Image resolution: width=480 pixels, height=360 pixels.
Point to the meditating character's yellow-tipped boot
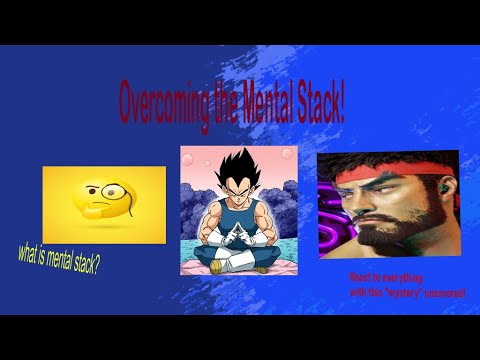[x=261, y=267]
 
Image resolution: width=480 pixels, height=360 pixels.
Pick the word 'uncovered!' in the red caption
[x=445, y=293]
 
